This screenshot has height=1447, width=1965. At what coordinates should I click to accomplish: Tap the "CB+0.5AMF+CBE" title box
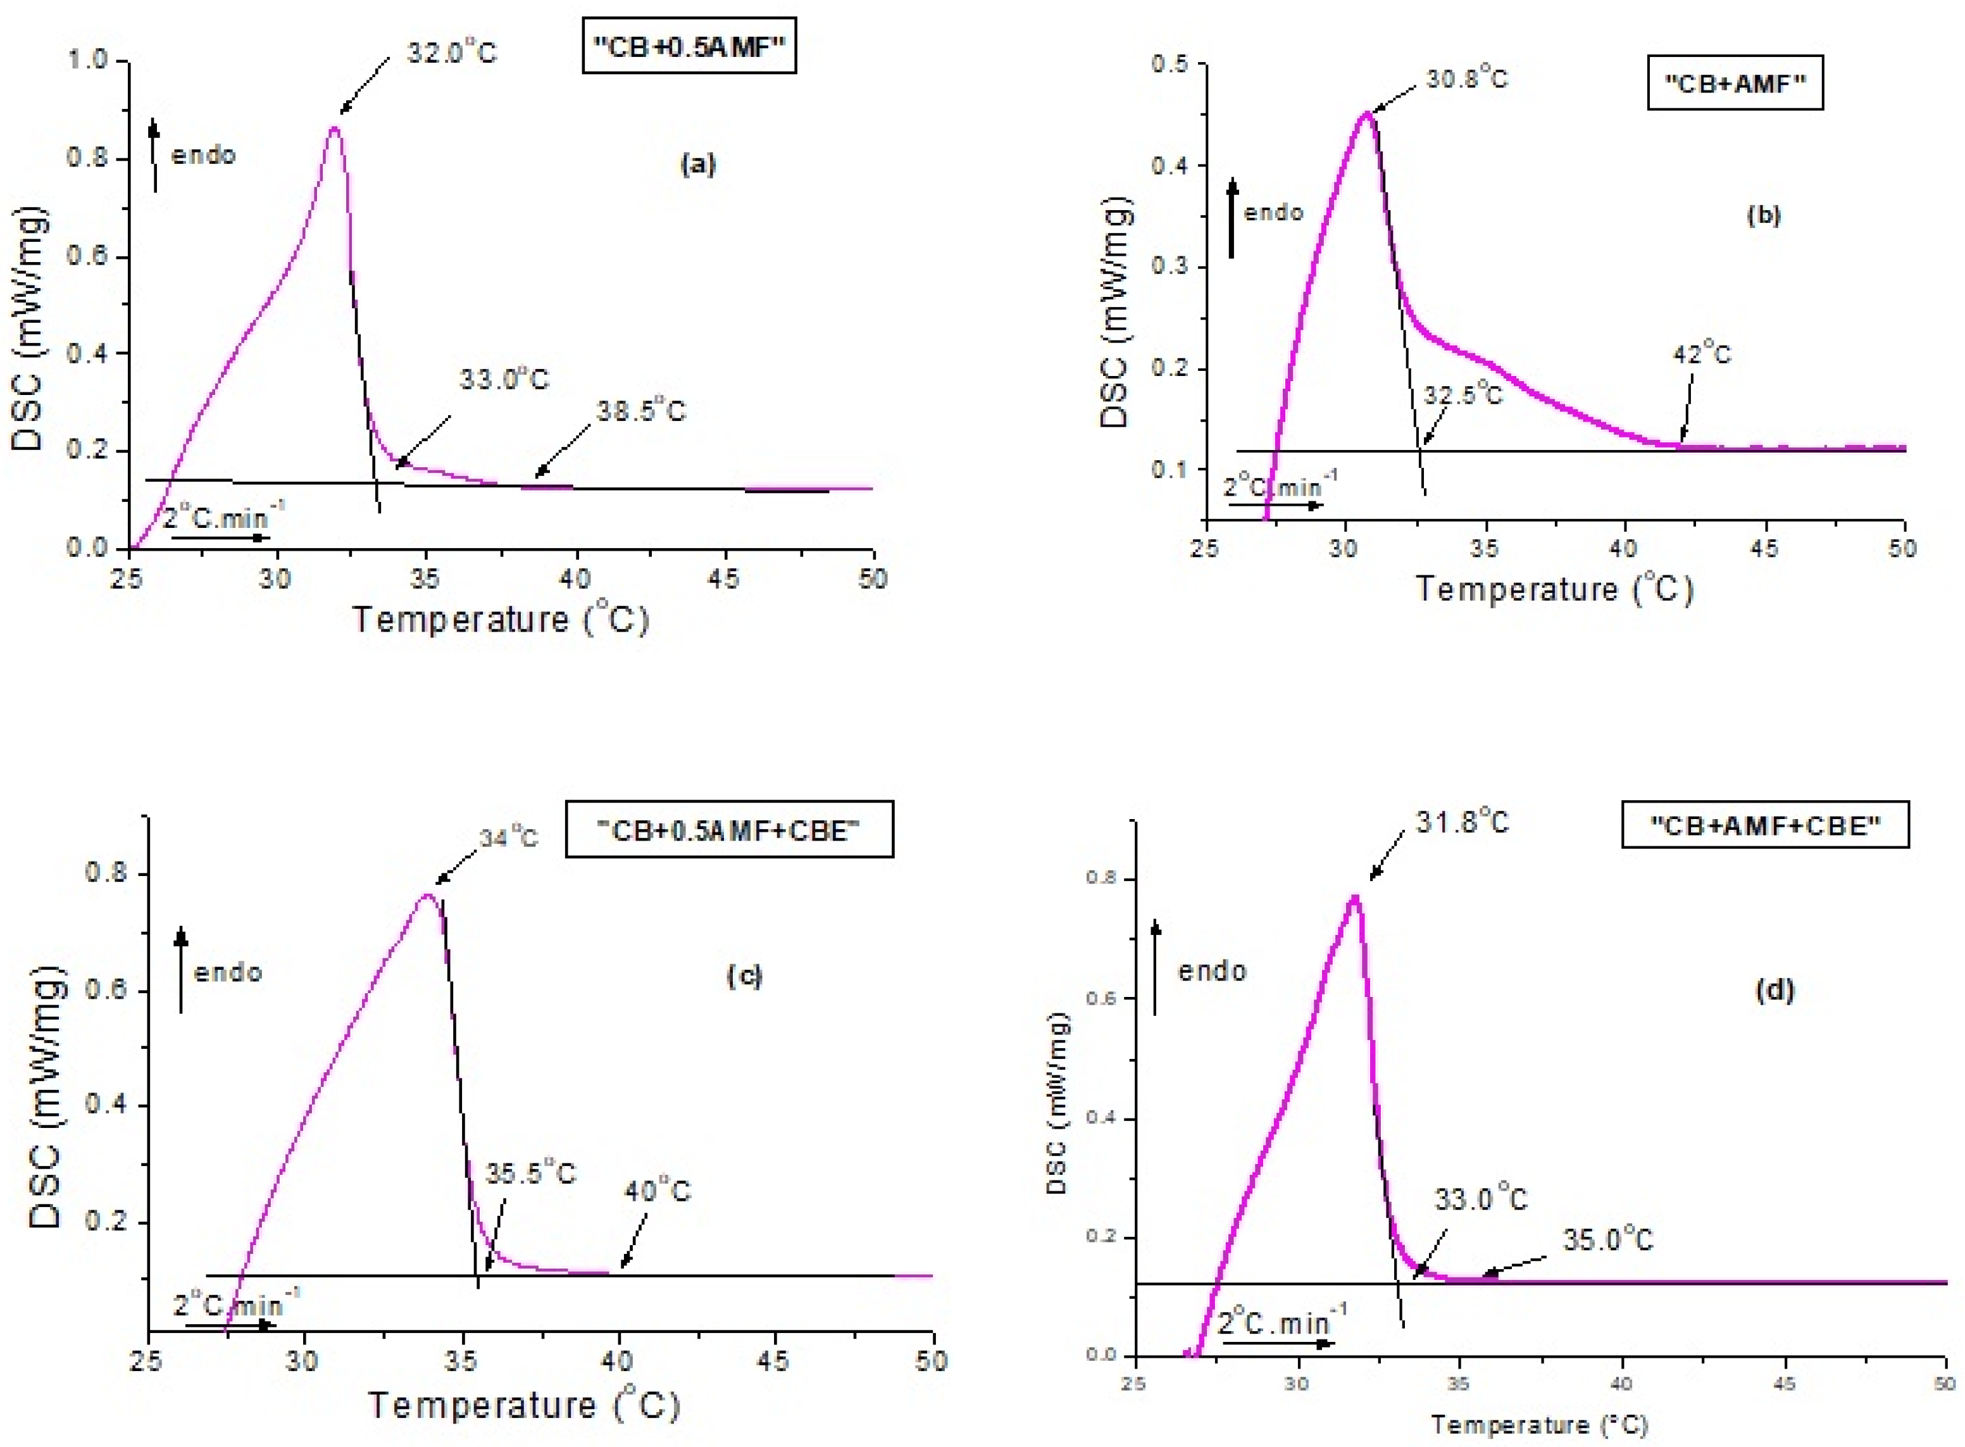pos(728,829)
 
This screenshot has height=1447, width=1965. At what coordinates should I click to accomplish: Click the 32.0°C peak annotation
pos(451,53)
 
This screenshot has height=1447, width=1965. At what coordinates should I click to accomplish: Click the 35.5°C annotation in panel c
pos(531,1173)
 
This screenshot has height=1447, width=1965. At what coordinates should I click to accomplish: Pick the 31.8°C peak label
pos(1463,822)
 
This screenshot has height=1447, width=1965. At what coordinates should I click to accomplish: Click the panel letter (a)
pos(698,164)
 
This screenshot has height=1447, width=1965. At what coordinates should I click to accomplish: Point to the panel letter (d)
pos(1774,990)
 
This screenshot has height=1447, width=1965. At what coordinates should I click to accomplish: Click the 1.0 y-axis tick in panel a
pos(87,60)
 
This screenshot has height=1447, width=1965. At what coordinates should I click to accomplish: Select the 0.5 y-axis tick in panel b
pos(1168,64)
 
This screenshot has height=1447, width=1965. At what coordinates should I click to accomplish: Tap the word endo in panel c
pos(228,972)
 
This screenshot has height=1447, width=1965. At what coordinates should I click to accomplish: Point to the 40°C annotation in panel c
pos(657,1191)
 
